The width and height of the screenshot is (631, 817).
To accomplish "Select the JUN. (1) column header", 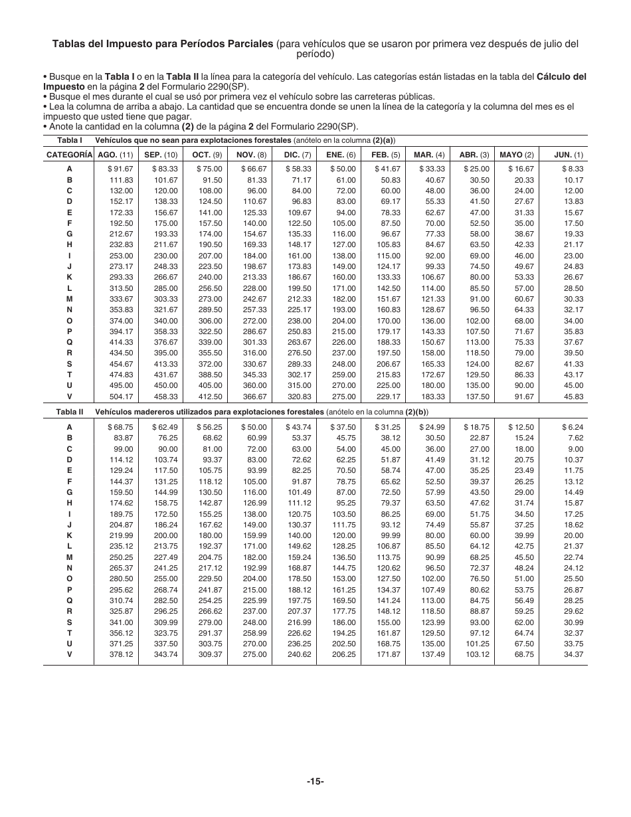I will (x=569, y=155).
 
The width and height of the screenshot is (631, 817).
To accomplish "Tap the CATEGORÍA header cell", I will (x=69, y=155).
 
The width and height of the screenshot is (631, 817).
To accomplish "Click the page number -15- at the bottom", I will (x=315, y=781).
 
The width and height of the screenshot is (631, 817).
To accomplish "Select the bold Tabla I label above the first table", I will (x=69, y=140).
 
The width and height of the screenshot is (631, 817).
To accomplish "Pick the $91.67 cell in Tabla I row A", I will (x=120, y=169).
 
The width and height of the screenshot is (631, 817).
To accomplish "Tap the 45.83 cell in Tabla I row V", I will (x=573, y=397).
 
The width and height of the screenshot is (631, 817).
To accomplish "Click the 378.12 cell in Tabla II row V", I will (x=121, y=654).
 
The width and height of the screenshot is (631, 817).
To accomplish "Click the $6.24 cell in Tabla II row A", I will (x=572, y=427).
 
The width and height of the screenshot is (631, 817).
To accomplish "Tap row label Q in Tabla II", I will (x=69, y=600).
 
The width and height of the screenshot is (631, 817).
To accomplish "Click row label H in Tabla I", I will (x=69, y=244).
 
